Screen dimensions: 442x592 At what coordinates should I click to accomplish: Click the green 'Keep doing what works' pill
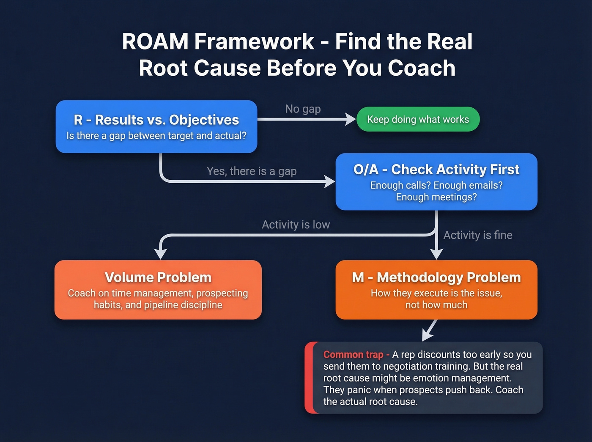(x=418, y=119)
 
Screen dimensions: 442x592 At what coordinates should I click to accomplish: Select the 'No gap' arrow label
(x=303, y=109)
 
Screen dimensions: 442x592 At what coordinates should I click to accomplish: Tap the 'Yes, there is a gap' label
(x=252, y=171)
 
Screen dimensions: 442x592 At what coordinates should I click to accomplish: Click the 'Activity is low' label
(x=296, y=225)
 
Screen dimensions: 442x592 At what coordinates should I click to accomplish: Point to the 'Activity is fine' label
(x=477, y=235)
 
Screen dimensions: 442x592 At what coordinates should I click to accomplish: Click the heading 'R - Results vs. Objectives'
(x=156, y=120)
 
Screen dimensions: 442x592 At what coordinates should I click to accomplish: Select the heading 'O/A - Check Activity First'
(x=436, y=169)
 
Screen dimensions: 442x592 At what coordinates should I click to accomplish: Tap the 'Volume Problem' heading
(x=158, y=277)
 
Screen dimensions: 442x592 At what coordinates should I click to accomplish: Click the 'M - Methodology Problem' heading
(x=436, y=277)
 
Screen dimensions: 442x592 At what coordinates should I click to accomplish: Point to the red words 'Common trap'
(x=353, y=354)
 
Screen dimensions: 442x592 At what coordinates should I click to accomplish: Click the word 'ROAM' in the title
(x=155, y=41)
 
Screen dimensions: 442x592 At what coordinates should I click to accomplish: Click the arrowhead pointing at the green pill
(x=351, y=119)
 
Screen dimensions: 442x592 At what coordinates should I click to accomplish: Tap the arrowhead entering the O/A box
(x=329, y=182)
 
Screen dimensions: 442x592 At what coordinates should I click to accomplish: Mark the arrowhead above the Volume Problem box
(x=161, y=253)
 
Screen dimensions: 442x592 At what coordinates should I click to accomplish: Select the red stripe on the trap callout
(x=309, y=378)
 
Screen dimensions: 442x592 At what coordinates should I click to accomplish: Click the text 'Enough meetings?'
(x=436, y=197)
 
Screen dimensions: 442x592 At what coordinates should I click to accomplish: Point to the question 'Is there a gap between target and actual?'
(x=156, y=136)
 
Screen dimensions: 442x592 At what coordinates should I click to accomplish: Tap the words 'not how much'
(x=436, y=305)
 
